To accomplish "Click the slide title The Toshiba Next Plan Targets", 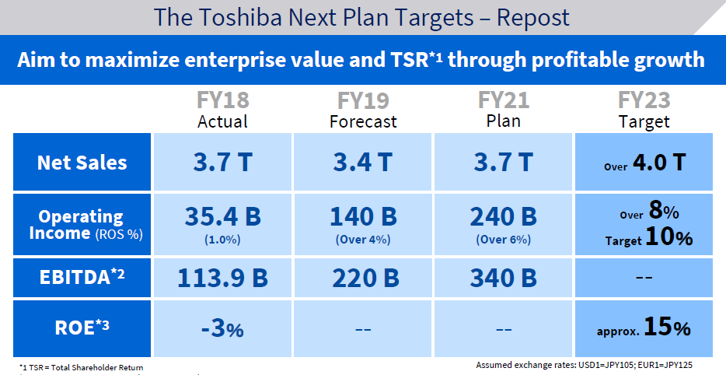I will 361,17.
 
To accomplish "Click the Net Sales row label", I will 82,163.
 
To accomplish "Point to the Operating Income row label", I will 82,225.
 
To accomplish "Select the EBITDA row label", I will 82,277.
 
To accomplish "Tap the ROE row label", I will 82,328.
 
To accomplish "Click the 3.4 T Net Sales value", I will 363,163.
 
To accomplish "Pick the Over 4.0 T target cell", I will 644,163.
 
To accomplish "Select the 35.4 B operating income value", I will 222,216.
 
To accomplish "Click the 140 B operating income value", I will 363,216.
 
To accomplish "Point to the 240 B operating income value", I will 504,216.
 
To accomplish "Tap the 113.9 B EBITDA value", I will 222,277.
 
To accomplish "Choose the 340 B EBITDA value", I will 504,277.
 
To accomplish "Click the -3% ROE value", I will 222,328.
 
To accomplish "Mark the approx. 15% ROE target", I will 644,328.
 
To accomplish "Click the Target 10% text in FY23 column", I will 648,238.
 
